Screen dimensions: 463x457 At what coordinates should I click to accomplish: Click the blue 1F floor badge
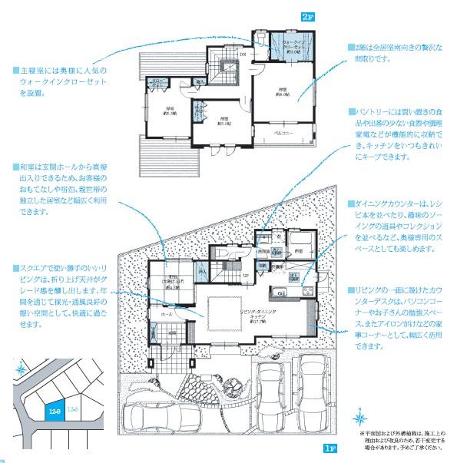pyautogui.click(x=330, y=448)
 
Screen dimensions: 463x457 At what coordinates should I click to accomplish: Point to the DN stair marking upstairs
pyautogui.click(x=242, y=55)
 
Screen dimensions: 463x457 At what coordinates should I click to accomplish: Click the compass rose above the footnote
pyautogui.click(x=360, y=418)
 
